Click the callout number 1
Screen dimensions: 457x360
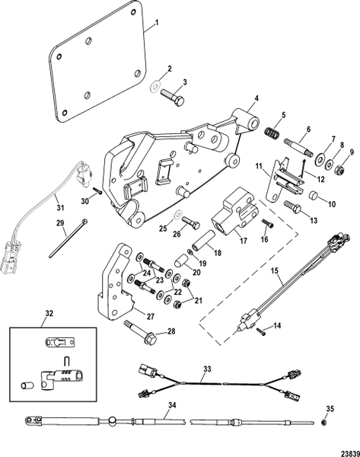click(157, 24)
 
